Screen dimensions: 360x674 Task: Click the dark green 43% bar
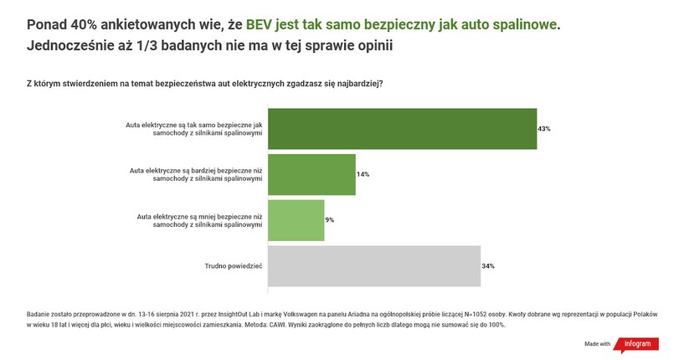tap(402, 129)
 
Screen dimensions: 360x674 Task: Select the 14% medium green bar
tap(311, 174)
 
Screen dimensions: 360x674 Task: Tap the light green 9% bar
tap(296, 220)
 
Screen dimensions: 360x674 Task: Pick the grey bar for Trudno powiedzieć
tap(373, 265)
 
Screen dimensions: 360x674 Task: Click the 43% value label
tap(544, 129)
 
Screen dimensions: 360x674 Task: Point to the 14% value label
tap(363, 174)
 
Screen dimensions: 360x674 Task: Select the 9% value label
tap(330, 220)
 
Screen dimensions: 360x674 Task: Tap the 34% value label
tap(488, 265)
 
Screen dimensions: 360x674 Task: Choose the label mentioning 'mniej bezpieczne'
tap(200, 220)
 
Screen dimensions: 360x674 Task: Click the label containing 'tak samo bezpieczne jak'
tap(194, 129)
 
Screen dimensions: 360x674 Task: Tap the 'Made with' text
tap(597, 343)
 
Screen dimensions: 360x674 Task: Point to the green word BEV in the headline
tap(260, 25)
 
